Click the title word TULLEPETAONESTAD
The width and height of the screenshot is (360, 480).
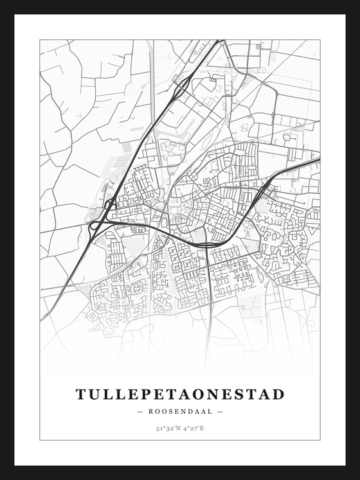point(180,394)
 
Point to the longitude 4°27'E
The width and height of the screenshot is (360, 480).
point(194,428)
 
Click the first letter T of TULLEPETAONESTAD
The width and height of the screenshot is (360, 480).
point(81,394)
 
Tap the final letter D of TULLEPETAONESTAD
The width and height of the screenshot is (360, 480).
point(278,394)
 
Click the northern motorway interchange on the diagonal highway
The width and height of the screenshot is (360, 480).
point(182,84)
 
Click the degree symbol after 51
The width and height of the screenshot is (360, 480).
point(162,427)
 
